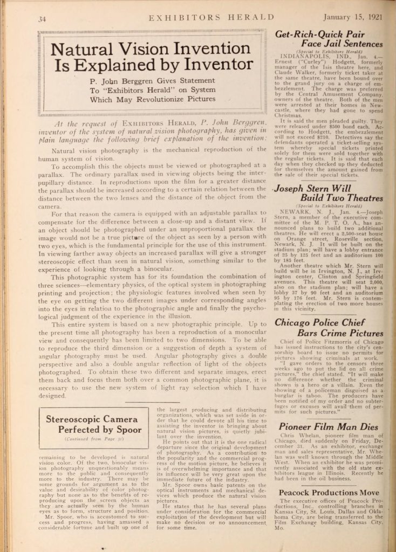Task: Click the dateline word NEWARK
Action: coord(295,212)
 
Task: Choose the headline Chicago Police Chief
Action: coord(329,323)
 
